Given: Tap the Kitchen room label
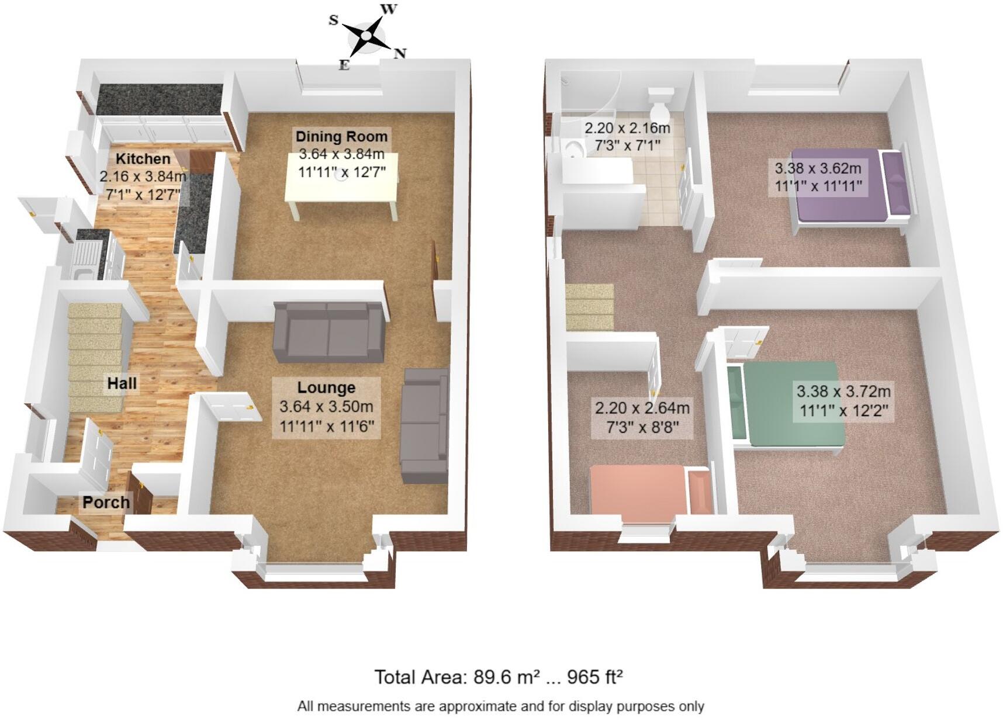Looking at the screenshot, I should (143, 158).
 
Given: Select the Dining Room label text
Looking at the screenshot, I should (341, 137).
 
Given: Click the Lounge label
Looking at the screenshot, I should (326, 387).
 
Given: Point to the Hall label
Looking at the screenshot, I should (122, 383).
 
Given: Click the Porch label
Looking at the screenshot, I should (106, 502).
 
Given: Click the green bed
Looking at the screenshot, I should (786, 403).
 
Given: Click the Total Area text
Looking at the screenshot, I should (498, 677).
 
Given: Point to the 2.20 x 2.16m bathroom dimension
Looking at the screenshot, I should (627, 127).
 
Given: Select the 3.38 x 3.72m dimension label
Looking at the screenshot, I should (843, 391).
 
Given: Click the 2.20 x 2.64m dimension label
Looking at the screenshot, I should (642, 407).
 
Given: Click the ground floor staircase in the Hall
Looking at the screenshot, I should (96, 356).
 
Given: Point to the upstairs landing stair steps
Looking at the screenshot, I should (589, 306).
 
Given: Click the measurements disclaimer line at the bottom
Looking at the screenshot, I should (500, 707).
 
